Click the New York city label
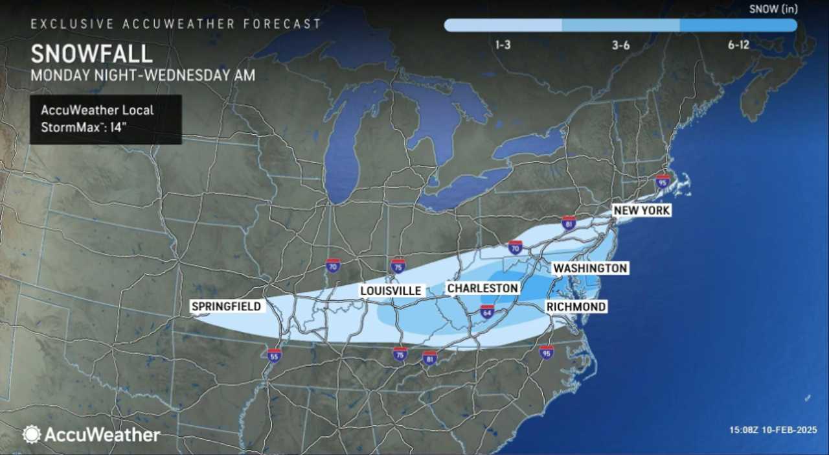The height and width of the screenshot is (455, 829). [641, 211]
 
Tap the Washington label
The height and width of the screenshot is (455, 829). [589, 268]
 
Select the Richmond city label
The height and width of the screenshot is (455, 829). [576, 306]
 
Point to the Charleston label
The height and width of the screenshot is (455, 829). [483, 288]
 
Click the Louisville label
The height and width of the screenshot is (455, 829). [391, 291]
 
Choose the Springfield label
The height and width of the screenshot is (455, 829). [226, 306]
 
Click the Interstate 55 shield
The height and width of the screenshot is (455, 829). [274, 355]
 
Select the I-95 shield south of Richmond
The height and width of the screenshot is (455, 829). [547, 352]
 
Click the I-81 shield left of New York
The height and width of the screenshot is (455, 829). [569, 223]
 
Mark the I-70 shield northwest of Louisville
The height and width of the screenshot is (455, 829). [332, 265]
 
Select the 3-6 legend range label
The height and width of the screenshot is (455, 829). [620, 46]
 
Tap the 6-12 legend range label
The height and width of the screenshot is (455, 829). [738, 46]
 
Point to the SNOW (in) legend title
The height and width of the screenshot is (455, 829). [773, 9]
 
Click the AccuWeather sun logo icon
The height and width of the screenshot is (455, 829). [32, 434]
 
